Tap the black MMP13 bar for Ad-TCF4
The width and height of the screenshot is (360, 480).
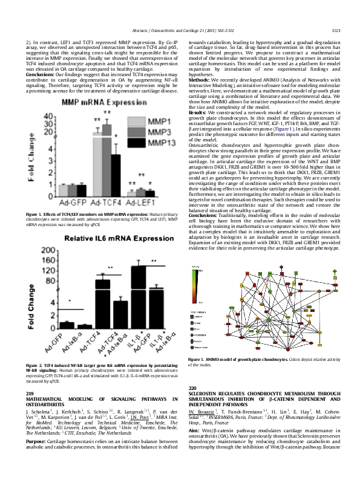point(115,175)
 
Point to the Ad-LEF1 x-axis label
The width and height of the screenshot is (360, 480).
point(140,203)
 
